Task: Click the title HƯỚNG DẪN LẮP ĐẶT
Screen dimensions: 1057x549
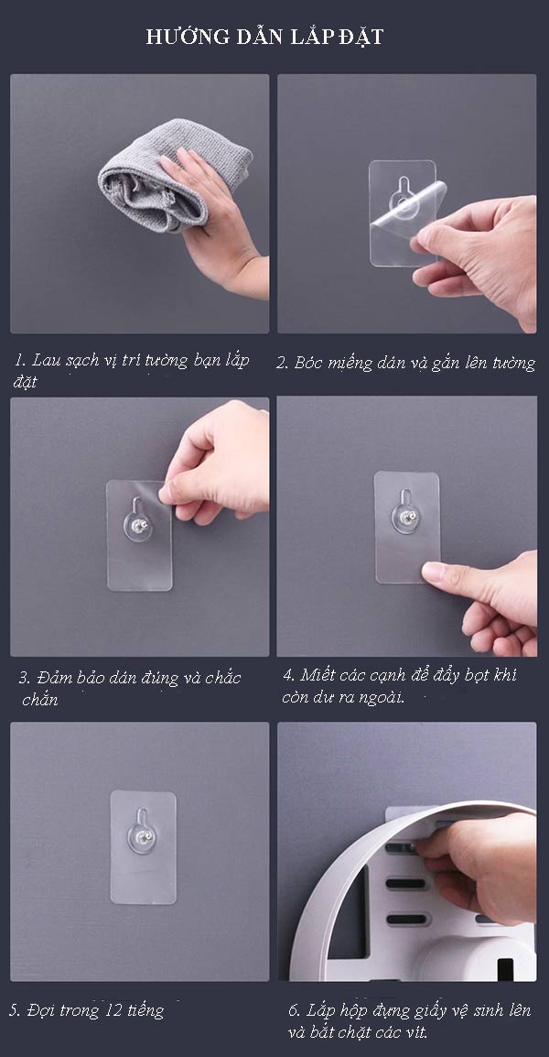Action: (265, 38)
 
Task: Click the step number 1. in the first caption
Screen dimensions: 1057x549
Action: (20, 361)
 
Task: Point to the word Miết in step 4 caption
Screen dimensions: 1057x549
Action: (317, 675)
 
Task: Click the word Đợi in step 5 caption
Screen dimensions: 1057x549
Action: (42, 1010)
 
